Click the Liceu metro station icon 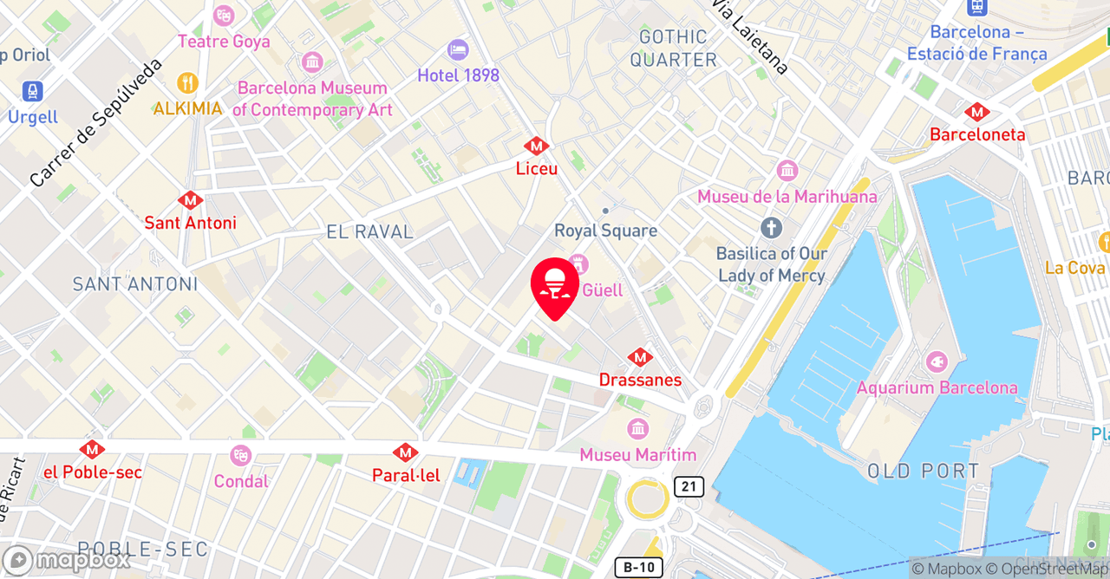tap(536, 146)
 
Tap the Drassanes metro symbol tap(640, 357)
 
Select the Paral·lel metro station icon tap(405, 452)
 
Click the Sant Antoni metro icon tap(190, 200)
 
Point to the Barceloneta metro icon tap(977, 112)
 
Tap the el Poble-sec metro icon tap(92, 450)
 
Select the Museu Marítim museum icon tap(638, 428)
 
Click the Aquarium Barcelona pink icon tap(937, 362)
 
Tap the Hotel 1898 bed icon tap(458, 50)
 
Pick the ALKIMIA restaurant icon tap(187, 83)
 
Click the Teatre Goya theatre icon tap(224, 16)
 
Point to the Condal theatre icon tap(240, 455)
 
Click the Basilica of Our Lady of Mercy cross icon tap(771, 229)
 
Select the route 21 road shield tap(689, 486)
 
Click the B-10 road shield tap(638, 568)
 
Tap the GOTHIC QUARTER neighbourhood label tap(674, 49)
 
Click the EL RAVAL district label tap(370, 232)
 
